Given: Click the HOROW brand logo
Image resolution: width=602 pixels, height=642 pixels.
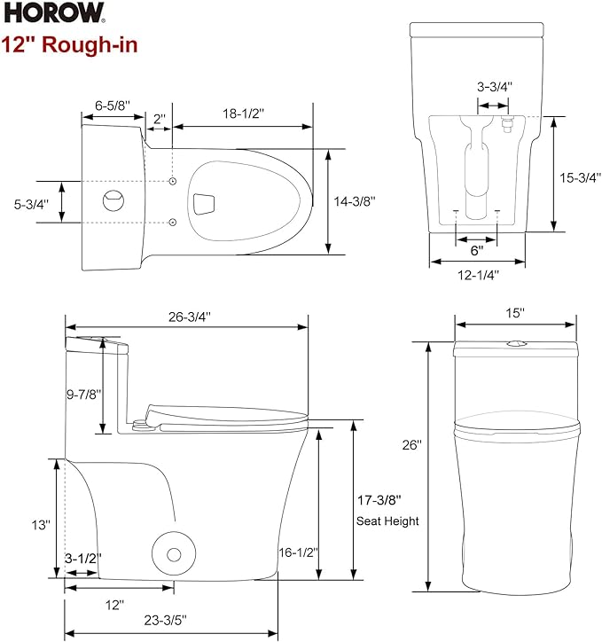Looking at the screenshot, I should coord(53,13).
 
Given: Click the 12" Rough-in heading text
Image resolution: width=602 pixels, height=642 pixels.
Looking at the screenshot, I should coord(69,44).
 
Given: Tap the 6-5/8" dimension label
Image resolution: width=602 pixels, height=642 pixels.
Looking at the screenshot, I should coord(112,105).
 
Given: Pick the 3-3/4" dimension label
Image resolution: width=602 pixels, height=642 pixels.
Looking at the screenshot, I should coord(495,87).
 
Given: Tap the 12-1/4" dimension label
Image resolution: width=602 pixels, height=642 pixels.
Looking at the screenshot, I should coord(476,274).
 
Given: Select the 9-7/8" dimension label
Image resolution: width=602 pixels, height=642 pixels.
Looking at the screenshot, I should coord(84,393).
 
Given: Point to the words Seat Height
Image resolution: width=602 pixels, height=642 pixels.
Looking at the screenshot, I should coord(387,521).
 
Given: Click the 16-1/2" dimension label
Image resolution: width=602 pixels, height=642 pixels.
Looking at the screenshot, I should coord(298,552).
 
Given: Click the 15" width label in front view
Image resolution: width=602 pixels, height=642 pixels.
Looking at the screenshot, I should coord(516,312).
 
